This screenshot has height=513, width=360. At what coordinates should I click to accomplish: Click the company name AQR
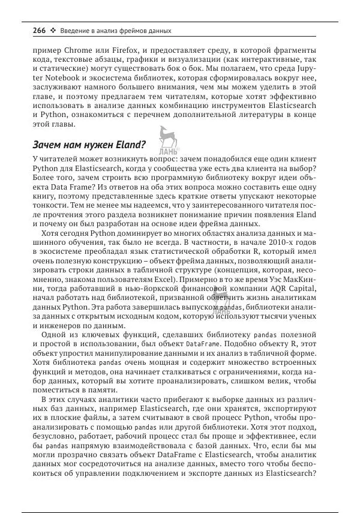point(282,290)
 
